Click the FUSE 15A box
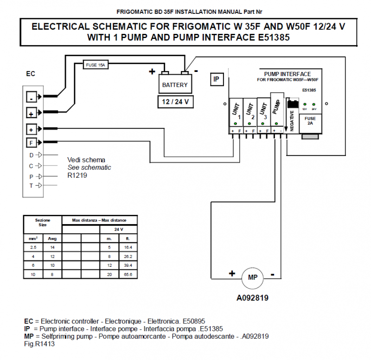coord(96,65)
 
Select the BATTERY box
coord(175,84)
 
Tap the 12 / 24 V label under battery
coord(175,103)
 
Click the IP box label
coord(216,80)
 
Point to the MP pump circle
coord(252,278)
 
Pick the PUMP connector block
coord(277,110)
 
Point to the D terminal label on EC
coord(32,155)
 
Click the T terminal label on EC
coord(32,186)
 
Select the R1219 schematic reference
coord(77,176)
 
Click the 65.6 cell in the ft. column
coord(128,274)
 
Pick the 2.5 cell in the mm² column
coord(32,247)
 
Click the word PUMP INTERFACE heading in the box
coord(287,74)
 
